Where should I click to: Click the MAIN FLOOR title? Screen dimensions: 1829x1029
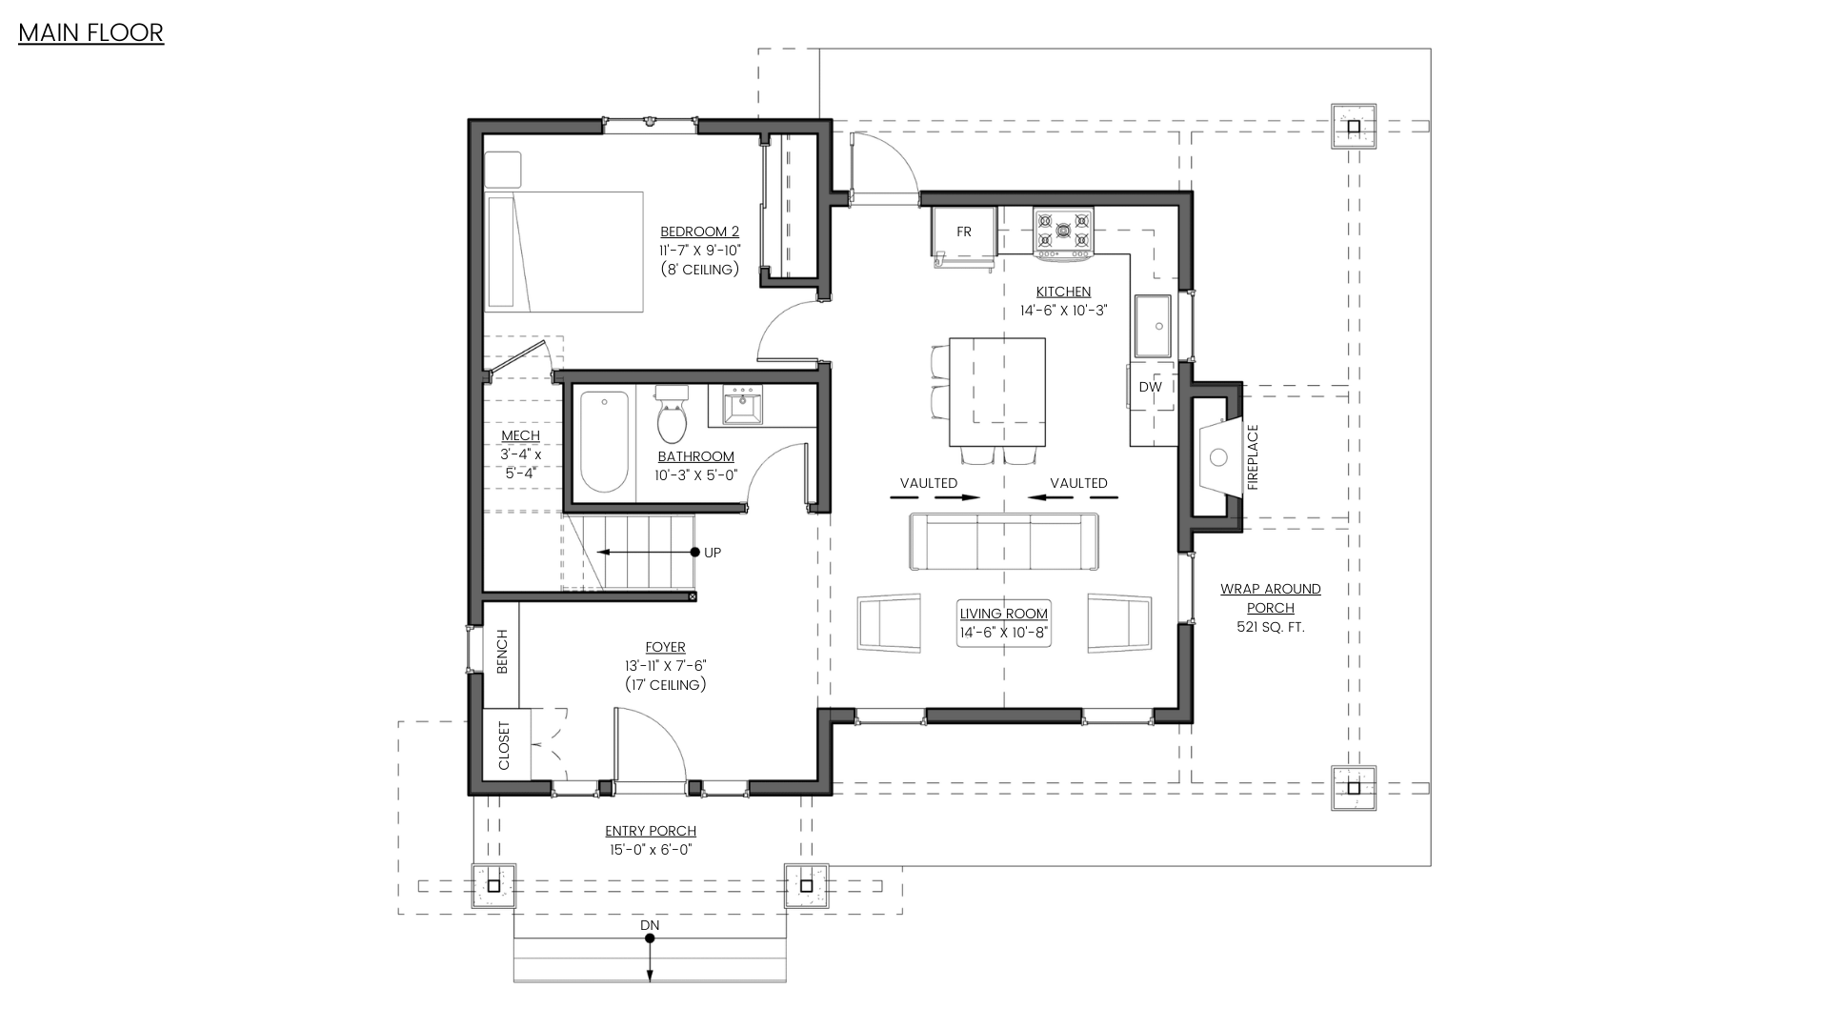pos(90,32)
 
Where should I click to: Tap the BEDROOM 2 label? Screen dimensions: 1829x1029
pos(699,232)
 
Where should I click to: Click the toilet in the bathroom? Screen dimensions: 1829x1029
pos(673,414)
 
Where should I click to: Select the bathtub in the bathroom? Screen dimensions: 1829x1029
pos(604,441)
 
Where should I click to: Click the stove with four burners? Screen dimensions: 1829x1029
pos(1063,232)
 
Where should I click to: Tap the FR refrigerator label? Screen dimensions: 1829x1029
pos(964,232)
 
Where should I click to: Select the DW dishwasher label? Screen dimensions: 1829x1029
pos(1150,387)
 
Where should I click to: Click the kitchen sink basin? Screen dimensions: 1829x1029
pos(1152,326)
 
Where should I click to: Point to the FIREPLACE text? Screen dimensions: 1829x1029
pos(1253,457)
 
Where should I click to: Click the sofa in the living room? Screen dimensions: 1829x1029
pos(1004,541)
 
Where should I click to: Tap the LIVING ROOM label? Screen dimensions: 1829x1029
pos(1003,614)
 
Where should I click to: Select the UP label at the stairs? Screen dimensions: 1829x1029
pos(712,553)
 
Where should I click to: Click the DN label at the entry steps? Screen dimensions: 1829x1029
pos(650,925)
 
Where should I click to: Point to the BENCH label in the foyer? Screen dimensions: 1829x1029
pos(502,652)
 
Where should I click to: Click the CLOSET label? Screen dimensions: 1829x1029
pos(504,745)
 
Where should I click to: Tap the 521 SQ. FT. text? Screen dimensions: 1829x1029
pos(1271,627)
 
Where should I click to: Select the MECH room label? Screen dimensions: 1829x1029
pos(520,435)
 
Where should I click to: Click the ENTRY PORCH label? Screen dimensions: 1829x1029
pos(651,831)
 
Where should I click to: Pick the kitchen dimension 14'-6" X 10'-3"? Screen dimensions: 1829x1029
pos(1063,311)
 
